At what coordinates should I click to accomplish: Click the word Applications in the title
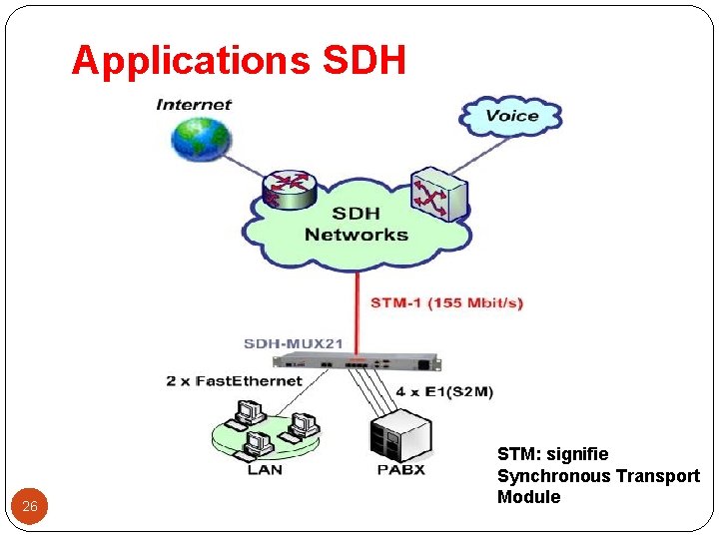[190, 61]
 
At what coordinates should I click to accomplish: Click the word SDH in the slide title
[365, 61]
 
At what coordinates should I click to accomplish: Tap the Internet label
[194, 104]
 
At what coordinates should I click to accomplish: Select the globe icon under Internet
[201, 139]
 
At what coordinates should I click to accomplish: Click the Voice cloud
[511, 116]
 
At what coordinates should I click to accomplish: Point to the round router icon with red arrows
[289, 188]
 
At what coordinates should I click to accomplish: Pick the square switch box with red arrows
[437, 192]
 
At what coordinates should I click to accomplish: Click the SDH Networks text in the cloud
[357, 225]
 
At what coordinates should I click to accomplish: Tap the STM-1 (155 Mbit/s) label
[446, 302]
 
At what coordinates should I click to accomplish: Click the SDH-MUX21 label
[294, 344]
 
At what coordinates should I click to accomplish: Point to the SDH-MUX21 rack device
[358, 361]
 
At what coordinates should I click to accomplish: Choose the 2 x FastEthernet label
[234, 380]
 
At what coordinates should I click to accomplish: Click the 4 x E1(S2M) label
[444, 391]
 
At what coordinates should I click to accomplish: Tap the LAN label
[264, 469]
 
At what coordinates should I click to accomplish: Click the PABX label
[400, 469]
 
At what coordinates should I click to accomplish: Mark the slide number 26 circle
[30, 506]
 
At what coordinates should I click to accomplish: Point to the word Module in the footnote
[529, 497]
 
